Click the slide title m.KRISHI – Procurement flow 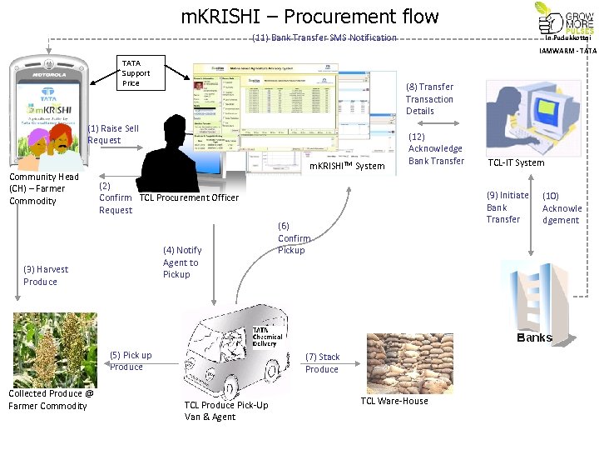click(x=309, y=16)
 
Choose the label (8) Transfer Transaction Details click(x=429, y=98)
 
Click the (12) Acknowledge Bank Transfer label click(x=436, y=148)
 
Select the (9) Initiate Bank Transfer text click(x=507, y=207)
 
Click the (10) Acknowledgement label click(x=562, y=208)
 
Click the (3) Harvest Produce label click(x=47, y=275)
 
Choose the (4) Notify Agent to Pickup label click(x=181, y=262)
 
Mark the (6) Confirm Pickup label click(x=293, y=238)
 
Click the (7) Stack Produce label click(x=322, y=362)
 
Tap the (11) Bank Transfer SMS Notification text click(x=324, y=38)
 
